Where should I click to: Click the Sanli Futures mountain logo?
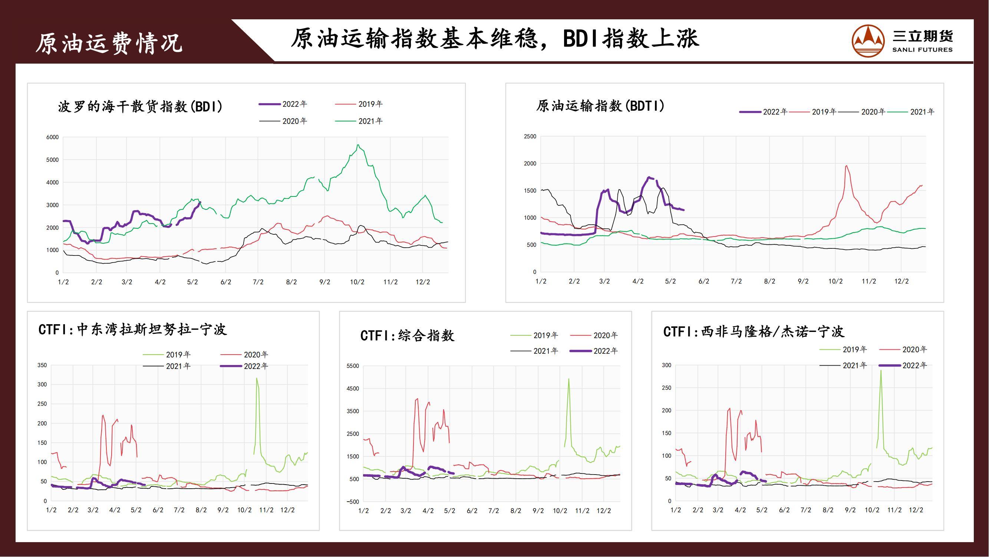[x=868, y=41]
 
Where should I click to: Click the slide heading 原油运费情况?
[x=109, y=43]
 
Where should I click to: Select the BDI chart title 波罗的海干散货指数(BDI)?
[x=140, y=107]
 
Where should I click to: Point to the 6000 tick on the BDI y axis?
[x=53, y=137]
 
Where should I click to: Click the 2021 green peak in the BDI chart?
[x=358, y=145]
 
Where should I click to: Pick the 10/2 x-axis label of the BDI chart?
[x=357, y=282]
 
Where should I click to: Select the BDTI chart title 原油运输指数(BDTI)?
[x=600, y=106]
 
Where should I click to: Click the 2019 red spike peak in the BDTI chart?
[x=847, y=166]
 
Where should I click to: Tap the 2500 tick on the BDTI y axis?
[x=530, y=136]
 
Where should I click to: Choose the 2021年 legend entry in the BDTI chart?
[x=922, y=112]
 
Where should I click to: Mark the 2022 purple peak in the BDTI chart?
[x=649, y=177]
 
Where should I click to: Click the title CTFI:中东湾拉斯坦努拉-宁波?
[x=132, y=330]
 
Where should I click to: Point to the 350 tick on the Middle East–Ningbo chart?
[x=42, y=365]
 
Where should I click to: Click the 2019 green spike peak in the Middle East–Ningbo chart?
[x=257, y=378]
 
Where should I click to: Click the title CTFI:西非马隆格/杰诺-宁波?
[x=753, y=332]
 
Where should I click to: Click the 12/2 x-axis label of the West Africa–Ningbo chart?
[x=916, y=510]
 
